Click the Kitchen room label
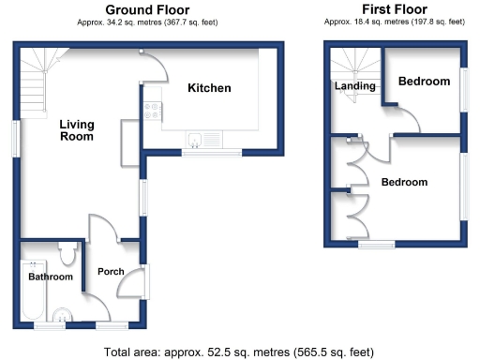[x=209, y=88]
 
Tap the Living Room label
[x=76, y=129]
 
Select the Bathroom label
[x=50, y=277]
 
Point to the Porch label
[x=111, y=272]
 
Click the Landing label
[x=355, y=86]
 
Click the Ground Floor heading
[x=142, y=8]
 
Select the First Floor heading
[x=395, y=8]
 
